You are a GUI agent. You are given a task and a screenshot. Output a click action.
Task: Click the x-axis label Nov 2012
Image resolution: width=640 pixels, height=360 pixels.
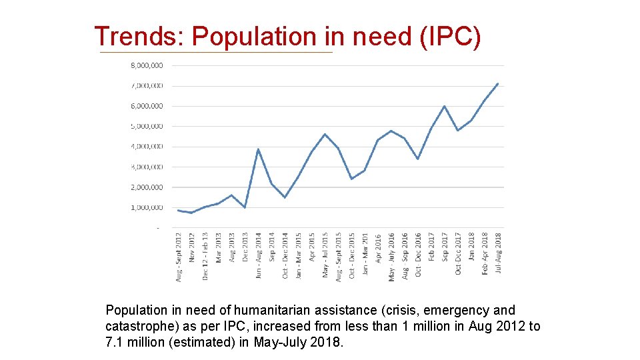192,247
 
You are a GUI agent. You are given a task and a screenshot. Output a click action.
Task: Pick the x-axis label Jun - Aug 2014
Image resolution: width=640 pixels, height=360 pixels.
259,255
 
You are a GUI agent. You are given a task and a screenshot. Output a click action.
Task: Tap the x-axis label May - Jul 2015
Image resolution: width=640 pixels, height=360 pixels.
325,255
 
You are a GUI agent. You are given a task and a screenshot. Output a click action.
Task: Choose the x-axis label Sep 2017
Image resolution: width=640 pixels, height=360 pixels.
445,246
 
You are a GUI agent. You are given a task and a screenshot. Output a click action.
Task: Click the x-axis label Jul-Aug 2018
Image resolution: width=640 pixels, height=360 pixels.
498,253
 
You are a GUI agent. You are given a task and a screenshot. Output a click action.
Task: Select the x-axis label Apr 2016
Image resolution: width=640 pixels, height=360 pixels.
378,247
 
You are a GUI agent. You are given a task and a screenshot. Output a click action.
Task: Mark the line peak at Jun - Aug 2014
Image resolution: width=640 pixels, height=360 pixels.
258,149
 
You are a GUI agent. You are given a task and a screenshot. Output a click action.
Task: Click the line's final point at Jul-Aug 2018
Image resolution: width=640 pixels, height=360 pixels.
498,83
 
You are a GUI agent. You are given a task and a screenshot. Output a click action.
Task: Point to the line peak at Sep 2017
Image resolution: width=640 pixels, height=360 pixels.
445,106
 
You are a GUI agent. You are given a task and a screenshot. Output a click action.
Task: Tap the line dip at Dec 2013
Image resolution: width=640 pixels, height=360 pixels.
245,207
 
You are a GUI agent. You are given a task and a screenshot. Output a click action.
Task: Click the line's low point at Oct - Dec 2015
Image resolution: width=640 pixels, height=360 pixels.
351,179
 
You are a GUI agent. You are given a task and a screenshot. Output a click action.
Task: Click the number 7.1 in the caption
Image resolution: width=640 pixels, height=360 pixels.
115,343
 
